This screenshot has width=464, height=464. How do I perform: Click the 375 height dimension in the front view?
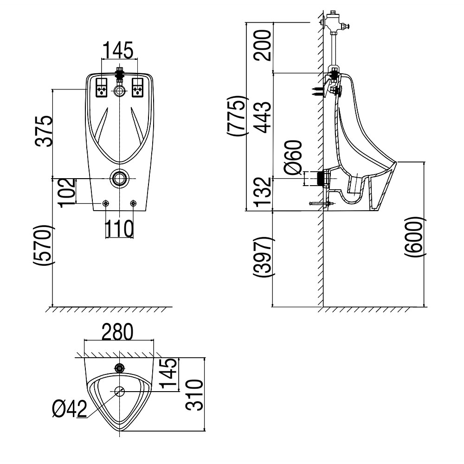[45, 131]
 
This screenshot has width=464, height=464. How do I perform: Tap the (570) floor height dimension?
[45, 245]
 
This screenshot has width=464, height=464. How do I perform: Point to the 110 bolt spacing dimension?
[119, 228]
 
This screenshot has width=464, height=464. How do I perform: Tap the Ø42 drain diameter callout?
[70, 409]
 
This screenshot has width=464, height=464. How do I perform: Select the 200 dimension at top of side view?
[263, 45]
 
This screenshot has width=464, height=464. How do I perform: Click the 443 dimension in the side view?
[263, 118]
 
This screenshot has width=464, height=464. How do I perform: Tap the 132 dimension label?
[263, 191]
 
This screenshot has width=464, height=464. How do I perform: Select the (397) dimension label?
[263, 257]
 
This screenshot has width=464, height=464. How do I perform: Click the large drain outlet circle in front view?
[120, 178]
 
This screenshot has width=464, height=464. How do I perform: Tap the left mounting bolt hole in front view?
[106, 203]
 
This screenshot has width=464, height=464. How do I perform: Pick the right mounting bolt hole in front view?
[134, 203]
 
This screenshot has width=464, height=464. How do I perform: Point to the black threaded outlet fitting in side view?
[319, 178]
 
